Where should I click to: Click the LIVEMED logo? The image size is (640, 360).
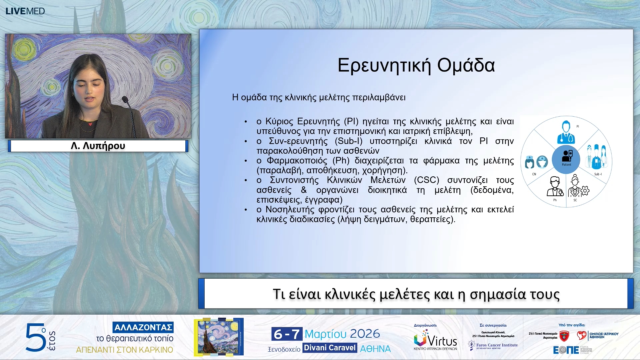[25, 11]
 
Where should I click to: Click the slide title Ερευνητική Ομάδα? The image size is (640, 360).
[416, 65]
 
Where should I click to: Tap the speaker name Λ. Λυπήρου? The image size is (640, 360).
[98, 146]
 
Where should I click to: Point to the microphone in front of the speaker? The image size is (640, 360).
[125, 99]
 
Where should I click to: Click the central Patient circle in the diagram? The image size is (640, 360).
[566, 159]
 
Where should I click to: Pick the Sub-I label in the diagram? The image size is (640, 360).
[598, 174]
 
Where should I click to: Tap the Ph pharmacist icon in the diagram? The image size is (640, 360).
[555, 186]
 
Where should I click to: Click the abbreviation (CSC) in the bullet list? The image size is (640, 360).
[426, 180]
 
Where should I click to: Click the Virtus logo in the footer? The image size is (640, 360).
[435, 340]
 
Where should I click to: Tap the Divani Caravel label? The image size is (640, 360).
[330, 348]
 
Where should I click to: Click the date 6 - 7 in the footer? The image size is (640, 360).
[287, 334]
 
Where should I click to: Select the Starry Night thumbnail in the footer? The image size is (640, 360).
[219, 337]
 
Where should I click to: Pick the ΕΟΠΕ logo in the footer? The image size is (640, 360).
[566, 350]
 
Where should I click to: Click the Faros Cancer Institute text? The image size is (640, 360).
[497, 345]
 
